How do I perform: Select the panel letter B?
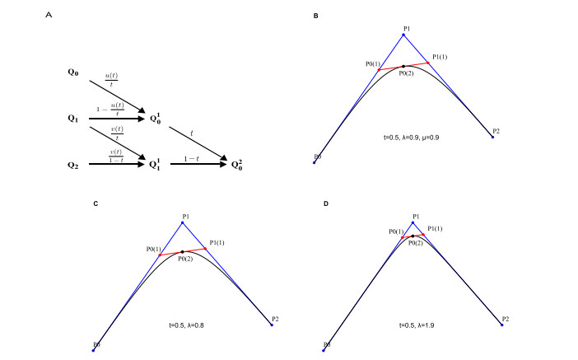tap(316, 16)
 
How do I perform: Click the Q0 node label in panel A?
tap(74, 72)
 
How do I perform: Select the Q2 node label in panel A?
tap(74, 165)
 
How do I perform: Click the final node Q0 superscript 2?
tap(236, 165)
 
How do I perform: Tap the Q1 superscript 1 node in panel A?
tap(156, 165)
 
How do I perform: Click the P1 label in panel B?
tap(407, 28)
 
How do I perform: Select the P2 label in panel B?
tap(496, 131)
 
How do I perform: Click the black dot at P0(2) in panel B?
tap(403, 66)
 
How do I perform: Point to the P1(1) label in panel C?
tap(218, 241)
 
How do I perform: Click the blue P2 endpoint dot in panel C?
tap(271, 325)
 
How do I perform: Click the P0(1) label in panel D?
tap(397, 231)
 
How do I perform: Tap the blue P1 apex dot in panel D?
tap(413, 222)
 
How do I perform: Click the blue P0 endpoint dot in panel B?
tap(314, 163)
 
